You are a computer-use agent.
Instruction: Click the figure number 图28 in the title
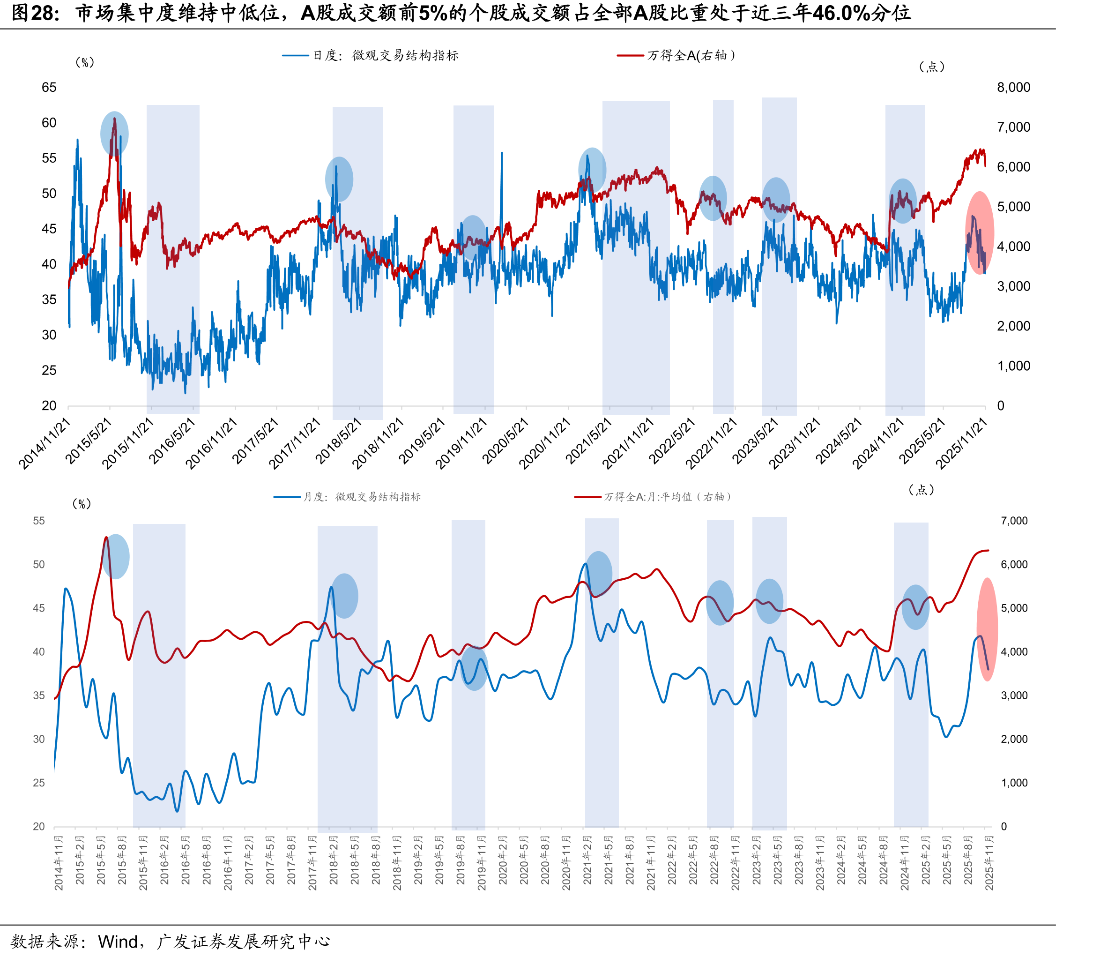click(x=35, y=13)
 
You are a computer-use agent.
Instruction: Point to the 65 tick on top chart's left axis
click(x=49, y=88)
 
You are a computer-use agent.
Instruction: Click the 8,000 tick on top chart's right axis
click(x=1013, y=88)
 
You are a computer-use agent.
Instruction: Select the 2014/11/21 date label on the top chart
click(x=45, y=443)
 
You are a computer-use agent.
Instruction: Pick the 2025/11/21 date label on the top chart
click(x=962, y=443)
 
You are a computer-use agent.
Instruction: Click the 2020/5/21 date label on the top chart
click(x=505, y=441)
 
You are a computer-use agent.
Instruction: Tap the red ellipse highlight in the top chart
click(x=980, y=233)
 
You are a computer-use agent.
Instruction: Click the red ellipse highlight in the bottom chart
click(x=988, y=629)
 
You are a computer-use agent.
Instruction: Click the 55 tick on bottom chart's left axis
click(x=39, y=521)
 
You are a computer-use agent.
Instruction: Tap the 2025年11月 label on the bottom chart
click(x=989, y=864)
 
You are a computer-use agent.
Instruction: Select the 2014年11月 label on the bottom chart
click(x=59, y=864)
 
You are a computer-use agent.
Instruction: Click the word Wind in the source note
click(x=118, y=942)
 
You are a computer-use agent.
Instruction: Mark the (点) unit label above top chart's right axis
click(x=932, y=67)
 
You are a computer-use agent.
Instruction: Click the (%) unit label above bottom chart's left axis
click(x=82, y=504)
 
